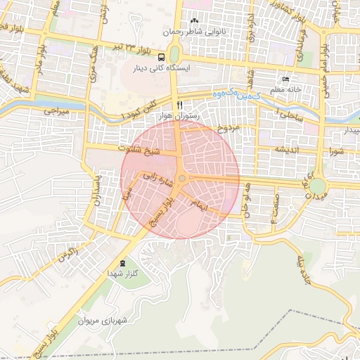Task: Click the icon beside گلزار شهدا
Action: (x=124, y=263)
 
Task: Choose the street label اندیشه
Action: (x=288, y=150)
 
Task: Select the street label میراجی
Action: (x=56, y=110)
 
